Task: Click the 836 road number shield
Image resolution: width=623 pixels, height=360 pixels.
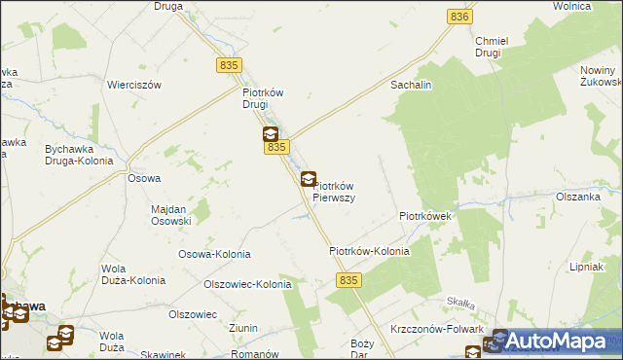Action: (459, 17)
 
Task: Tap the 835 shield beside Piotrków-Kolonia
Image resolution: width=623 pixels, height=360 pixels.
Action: (351, 279)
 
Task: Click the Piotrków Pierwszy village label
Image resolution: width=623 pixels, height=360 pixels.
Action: (333, 192)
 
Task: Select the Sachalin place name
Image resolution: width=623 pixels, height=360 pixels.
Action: (411, 86)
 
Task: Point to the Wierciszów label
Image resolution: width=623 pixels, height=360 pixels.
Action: (134, 85)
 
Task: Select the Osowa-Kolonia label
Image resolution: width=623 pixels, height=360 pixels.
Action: (213, 254)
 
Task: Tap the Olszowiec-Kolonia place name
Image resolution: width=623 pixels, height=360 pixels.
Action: (246, 285)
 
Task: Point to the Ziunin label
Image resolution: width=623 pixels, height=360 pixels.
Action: (244, 329)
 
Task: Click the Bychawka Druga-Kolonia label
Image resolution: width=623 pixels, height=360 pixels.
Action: (80, 155)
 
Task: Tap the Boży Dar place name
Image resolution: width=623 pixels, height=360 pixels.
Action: (362, 349)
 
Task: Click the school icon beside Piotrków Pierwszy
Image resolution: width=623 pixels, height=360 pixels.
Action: (308, 179)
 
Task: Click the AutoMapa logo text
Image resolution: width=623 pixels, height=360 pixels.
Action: (564, 341)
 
